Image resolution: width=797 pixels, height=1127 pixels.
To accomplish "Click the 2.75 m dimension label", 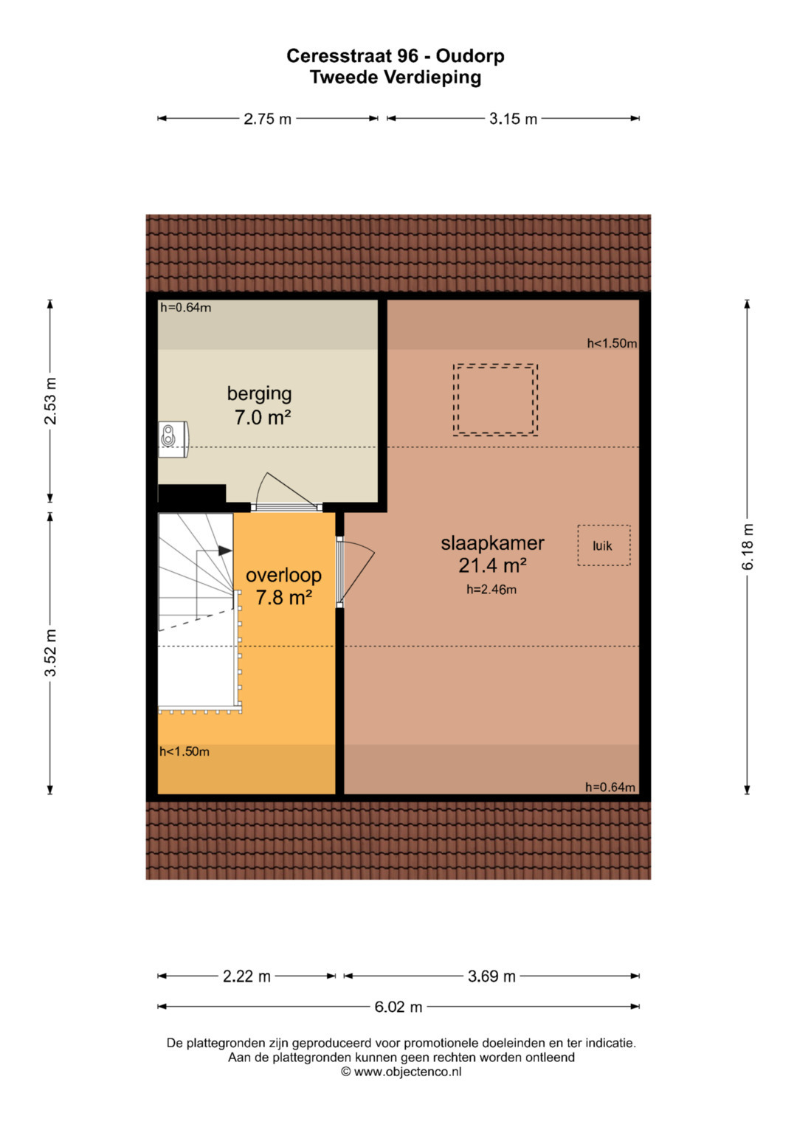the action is coord(267,119).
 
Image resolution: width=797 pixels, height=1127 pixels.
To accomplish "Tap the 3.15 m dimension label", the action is coord(513,119).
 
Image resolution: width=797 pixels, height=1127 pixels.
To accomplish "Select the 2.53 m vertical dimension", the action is coord(50,401).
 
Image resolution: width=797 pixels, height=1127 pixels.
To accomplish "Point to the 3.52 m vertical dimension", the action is coord(50,652).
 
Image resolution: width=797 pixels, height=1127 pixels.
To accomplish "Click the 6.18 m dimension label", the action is coord(747,546).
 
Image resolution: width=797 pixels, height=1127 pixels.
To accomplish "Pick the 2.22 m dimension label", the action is coord(246,976).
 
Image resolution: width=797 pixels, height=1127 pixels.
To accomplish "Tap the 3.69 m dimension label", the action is coord(491,976).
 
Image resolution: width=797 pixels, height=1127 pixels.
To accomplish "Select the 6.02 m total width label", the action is coord(398,1007).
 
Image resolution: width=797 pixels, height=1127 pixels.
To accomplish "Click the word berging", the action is coord(259,393).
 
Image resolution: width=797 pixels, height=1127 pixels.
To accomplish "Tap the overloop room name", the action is coord(283,575).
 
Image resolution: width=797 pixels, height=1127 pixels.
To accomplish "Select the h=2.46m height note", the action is coord(491,590).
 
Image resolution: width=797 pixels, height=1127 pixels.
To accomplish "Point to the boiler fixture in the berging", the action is coord(173,438).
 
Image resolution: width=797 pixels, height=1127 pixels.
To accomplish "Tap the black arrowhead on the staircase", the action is coord(225,551).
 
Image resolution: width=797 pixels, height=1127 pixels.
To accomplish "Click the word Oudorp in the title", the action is coord(470,56).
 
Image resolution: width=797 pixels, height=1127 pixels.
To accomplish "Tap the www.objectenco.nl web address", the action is coord(407,1071).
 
